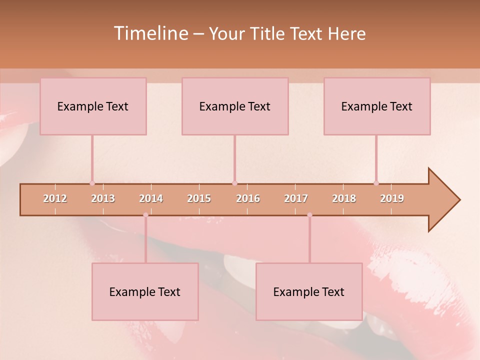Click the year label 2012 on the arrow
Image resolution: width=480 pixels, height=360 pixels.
(55, 198)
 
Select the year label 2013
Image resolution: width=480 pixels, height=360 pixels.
(103, 198)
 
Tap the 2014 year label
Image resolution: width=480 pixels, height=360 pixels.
(151, 198)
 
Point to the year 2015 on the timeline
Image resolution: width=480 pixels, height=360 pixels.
(199, 198)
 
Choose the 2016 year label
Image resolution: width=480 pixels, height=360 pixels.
(248, 198)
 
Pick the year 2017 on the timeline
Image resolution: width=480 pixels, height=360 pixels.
(296, 198)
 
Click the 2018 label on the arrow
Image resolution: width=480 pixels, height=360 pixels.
(344, 198)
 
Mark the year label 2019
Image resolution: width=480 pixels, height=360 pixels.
(392, 198)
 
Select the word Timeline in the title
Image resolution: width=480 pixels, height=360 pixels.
(150, 33)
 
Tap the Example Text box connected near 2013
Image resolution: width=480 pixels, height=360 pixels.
(93, 106)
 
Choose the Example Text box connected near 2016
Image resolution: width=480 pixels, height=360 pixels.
(235, 106)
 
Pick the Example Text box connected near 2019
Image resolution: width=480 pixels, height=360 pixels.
(377, 106)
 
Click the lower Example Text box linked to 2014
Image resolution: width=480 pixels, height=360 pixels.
(145, 291)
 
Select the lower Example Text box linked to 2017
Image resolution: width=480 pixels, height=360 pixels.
(309, 291)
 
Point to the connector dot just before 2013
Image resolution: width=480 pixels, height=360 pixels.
(92, 183)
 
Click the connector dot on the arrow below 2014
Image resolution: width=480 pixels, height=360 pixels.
(145, 215)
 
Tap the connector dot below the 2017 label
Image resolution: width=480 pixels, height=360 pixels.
(309, 215)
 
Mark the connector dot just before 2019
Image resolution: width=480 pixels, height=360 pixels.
(376, 183)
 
